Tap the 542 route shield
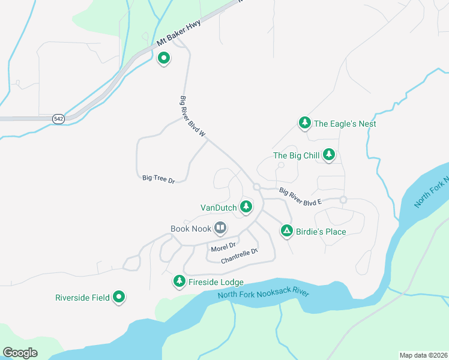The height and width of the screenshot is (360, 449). click(x=58, y=119)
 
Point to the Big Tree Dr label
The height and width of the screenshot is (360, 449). click(x=158, y=179)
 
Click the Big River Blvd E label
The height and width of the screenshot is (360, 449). click(x=300, y=197)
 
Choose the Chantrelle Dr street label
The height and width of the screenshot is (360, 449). click(x=239, y=256)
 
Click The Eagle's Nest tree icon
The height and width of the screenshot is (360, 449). click(x=305, y=123)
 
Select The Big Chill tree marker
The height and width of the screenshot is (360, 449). click(x=329, y=155)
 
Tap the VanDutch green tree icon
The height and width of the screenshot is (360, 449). click(x=246, y=207)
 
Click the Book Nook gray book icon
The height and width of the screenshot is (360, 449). click(x=220, y=228)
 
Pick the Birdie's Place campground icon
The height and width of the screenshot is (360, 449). click(x=287, y=230)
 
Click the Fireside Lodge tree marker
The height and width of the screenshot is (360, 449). click(x=179, y=281)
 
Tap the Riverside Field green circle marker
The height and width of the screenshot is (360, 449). click(x=119, y=296)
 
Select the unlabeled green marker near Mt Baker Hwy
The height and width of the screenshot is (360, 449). click(x=163, y=58)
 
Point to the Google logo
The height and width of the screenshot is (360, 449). click(x=20, y=353)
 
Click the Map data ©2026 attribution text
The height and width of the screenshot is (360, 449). click(x=423, y=355)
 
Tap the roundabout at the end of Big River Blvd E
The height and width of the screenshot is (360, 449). click(x=343, y=200)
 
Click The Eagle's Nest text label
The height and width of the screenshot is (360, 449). click(x=345, y=124)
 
